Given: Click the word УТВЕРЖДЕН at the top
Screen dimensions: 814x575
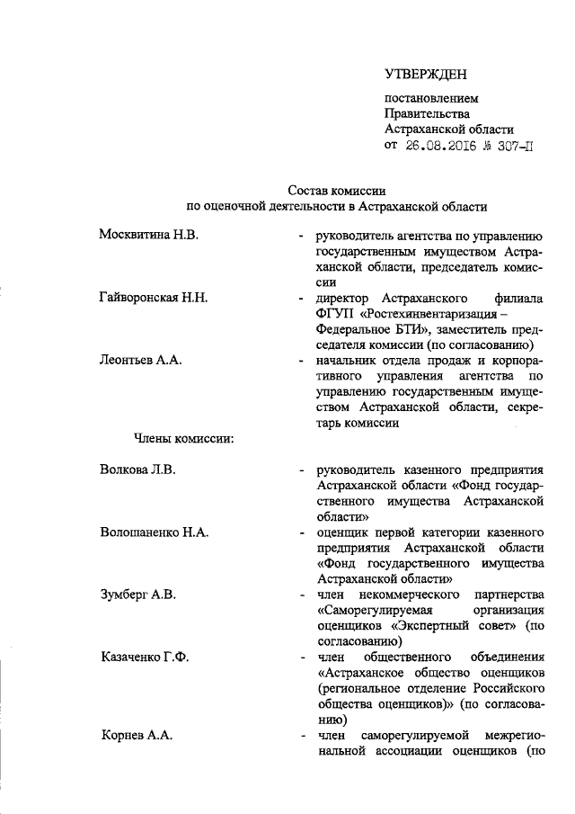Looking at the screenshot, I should (427, 73).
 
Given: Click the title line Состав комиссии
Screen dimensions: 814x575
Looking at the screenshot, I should (337, 190).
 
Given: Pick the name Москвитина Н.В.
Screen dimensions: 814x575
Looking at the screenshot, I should (149, 234).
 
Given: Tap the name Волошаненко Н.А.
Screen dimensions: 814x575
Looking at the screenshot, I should (155, 532).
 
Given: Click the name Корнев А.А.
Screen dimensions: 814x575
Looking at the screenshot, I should (137, 737).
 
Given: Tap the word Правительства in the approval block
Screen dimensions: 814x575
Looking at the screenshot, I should (427, 113).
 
